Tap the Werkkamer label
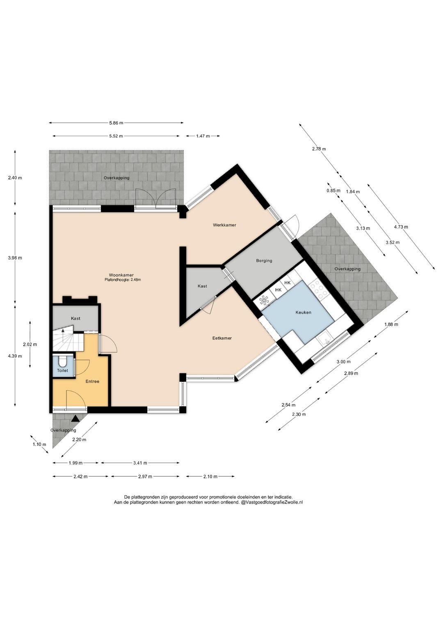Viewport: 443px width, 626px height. point(224,225)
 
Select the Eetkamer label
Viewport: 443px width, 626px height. point(222,338)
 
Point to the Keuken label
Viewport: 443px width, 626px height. point(303,313)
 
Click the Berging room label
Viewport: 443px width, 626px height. point(264,261)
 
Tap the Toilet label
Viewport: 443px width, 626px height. point(62,370)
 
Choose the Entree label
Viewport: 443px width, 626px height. point(92,382)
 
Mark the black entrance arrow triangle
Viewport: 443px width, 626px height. point(75,418)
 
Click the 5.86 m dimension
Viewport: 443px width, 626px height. point(116,122)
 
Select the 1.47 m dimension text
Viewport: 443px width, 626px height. point(203,136)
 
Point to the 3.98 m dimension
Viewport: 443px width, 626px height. point(15,258)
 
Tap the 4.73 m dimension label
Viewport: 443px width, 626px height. point(401,227)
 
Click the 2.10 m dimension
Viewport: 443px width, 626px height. point(210,477)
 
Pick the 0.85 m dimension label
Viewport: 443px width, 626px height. point(333,191)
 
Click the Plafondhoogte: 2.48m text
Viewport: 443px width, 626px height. point(121,279)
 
